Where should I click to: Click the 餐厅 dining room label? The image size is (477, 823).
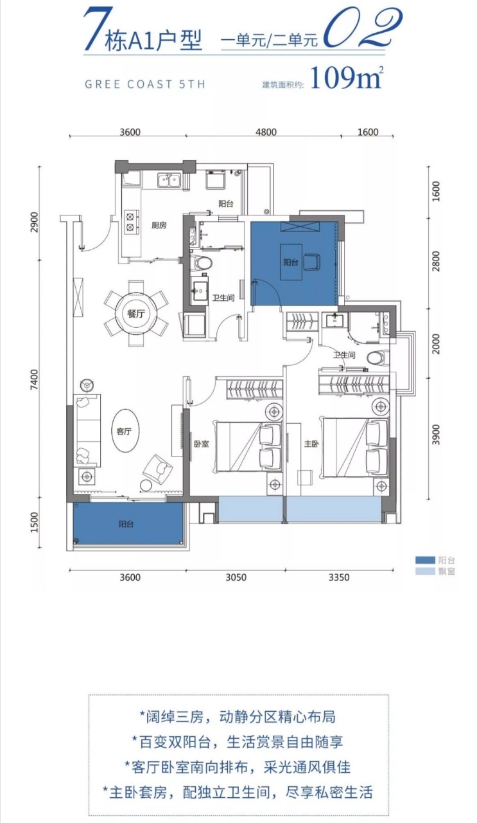136,313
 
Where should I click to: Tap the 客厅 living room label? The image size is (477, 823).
124,431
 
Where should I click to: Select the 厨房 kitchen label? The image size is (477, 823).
159,225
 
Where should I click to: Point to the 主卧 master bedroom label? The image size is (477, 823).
311,444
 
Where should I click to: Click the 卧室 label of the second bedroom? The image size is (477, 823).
202,444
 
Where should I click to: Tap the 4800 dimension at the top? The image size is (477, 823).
266,132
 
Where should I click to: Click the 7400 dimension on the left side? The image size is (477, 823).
34,380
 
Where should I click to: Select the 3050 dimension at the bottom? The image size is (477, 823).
236,577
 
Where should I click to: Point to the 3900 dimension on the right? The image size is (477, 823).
435,435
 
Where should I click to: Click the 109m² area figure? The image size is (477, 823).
347,77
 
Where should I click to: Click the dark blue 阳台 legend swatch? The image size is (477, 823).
425,560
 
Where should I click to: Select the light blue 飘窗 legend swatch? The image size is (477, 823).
425,572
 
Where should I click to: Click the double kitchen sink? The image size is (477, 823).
169,181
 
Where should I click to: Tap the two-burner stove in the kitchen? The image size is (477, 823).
130,222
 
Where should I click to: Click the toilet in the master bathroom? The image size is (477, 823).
377,357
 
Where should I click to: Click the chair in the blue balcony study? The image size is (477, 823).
312,262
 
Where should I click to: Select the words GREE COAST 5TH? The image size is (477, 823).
145,84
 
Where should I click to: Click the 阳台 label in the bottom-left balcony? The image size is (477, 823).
126,524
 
